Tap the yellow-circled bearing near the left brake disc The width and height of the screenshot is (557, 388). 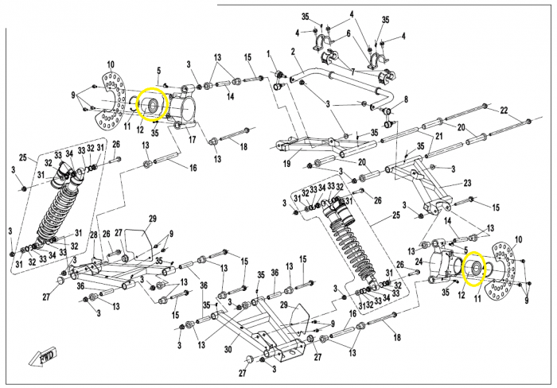[150, 104]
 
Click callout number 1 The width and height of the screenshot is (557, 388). [270, 53]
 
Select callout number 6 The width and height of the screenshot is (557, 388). [347, 33]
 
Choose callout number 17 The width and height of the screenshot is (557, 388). [192, 140]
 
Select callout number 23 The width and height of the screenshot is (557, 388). [467, 182]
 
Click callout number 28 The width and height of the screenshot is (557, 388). [93, 235]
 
